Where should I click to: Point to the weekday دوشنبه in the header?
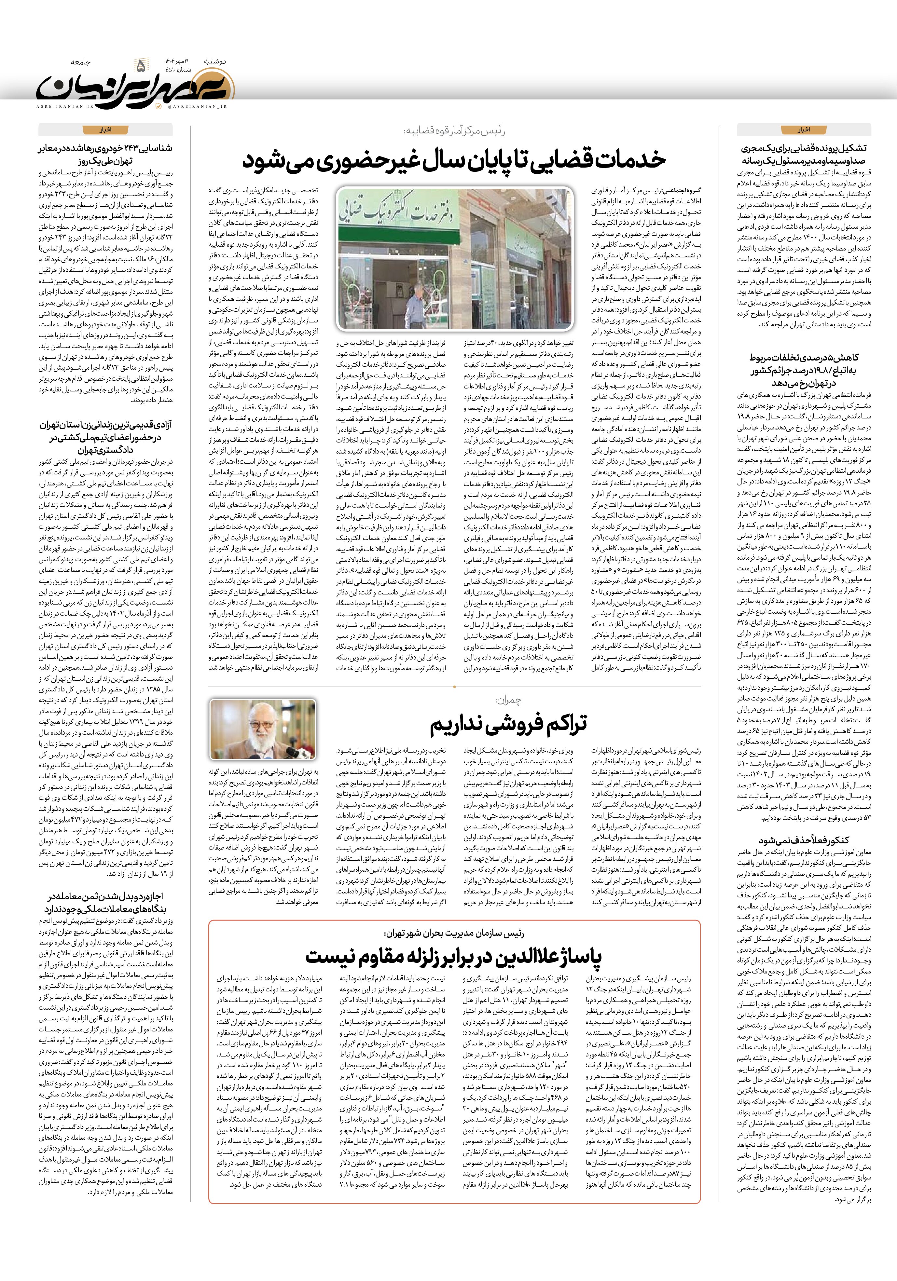tap(215, 60)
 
